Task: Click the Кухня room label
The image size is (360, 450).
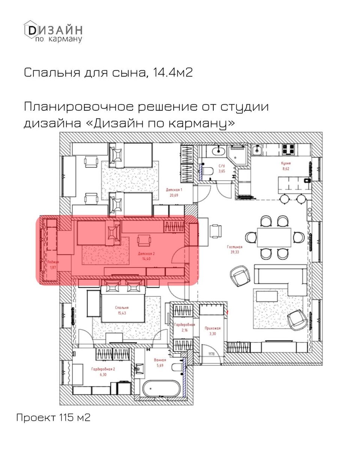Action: [286, 164]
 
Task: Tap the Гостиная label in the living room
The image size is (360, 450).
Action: [235, 247]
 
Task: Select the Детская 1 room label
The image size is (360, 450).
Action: [174, 190]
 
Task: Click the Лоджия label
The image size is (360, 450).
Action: [52, 262]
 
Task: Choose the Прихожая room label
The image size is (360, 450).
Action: [212, 328]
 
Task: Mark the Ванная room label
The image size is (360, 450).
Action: [160, 360]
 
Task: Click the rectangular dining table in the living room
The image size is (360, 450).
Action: [274, 238]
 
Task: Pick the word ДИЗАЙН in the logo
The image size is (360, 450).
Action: [58, 30]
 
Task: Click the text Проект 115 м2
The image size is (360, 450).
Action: [53, 417]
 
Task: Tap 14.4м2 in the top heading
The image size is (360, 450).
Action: [173, 72]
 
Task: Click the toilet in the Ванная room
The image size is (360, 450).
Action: [178, 367]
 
